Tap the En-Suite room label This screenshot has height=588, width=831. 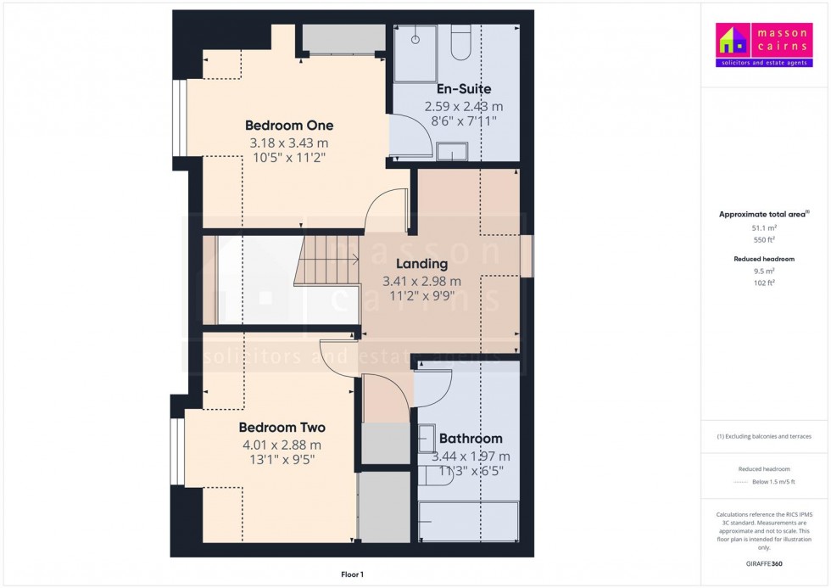pos(463,89)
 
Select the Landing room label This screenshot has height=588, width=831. pos(421,264)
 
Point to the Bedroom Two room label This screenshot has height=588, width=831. pos(282,427)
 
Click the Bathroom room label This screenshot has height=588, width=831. pos(471,439)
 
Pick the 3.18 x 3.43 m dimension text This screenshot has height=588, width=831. pos(289,143)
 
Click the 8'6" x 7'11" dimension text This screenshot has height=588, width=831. pos(463,121)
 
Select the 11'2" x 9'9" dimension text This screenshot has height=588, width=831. pos(421,296)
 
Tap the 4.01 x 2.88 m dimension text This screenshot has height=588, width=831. pos(282,445)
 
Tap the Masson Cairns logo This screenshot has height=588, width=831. pos(764,45)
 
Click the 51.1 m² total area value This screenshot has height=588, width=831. pos(764,228)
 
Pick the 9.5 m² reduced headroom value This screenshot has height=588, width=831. pos(764,271)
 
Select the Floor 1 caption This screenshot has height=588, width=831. pos(351,574)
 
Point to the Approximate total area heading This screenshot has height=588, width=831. pos(764,214)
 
